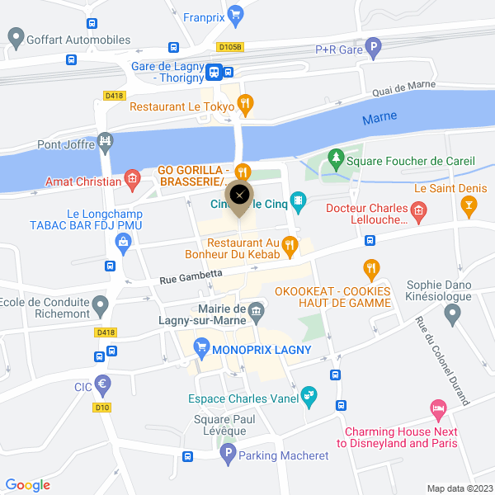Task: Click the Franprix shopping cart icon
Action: (236, 13)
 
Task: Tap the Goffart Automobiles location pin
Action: (15, 37)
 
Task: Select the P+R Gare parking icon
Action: (374, 48)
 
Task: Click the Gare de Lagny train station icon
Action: (214, 72)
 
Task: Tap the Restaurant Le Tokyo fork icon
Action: (245, 104)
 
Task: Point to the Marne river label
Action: (379, 119)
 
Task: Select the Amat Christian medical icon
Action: (131, 178)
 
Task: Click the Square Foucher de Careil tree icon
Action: (335, 157)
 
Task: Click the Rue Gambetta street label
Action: (191, 276)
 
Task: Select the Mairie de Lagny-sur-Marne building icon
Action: (257, 311)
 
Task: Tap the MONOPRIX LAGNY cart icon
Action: (200, 349)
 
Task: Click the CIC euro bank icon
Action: (103, 384)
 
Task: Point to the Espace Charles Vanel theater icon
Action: (309, 396)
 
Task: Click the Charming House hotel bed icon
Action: (438, 408)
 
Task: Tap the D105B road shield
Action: (230, 48)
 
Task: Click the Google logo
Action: (27, 485)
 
